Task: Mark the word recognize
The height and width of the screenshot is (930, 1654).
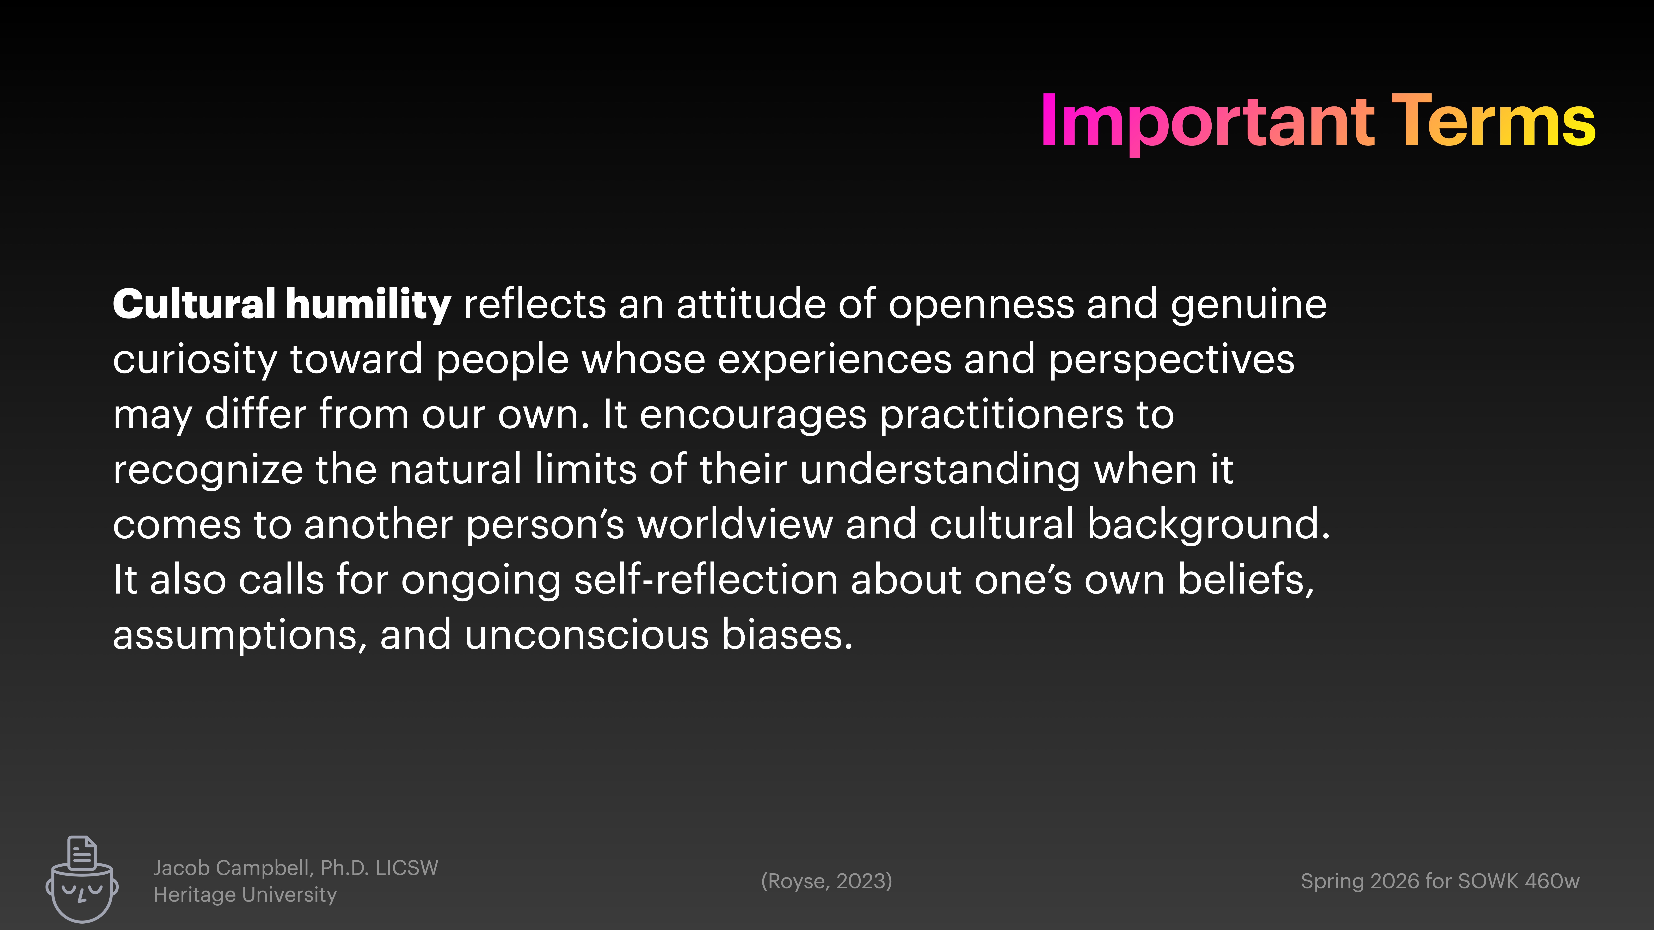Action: point(207,470)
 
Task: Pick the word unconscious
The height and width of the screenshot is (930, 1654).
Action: point(586,635)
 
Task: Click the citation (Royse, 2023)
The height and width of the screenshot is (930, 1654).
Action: point(826,881)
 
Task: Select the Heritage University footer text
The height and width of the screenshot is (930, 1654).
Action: point(245,895)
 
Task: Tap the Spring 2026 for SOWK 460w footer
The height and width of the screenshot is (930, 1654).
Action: point(1440,881)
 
